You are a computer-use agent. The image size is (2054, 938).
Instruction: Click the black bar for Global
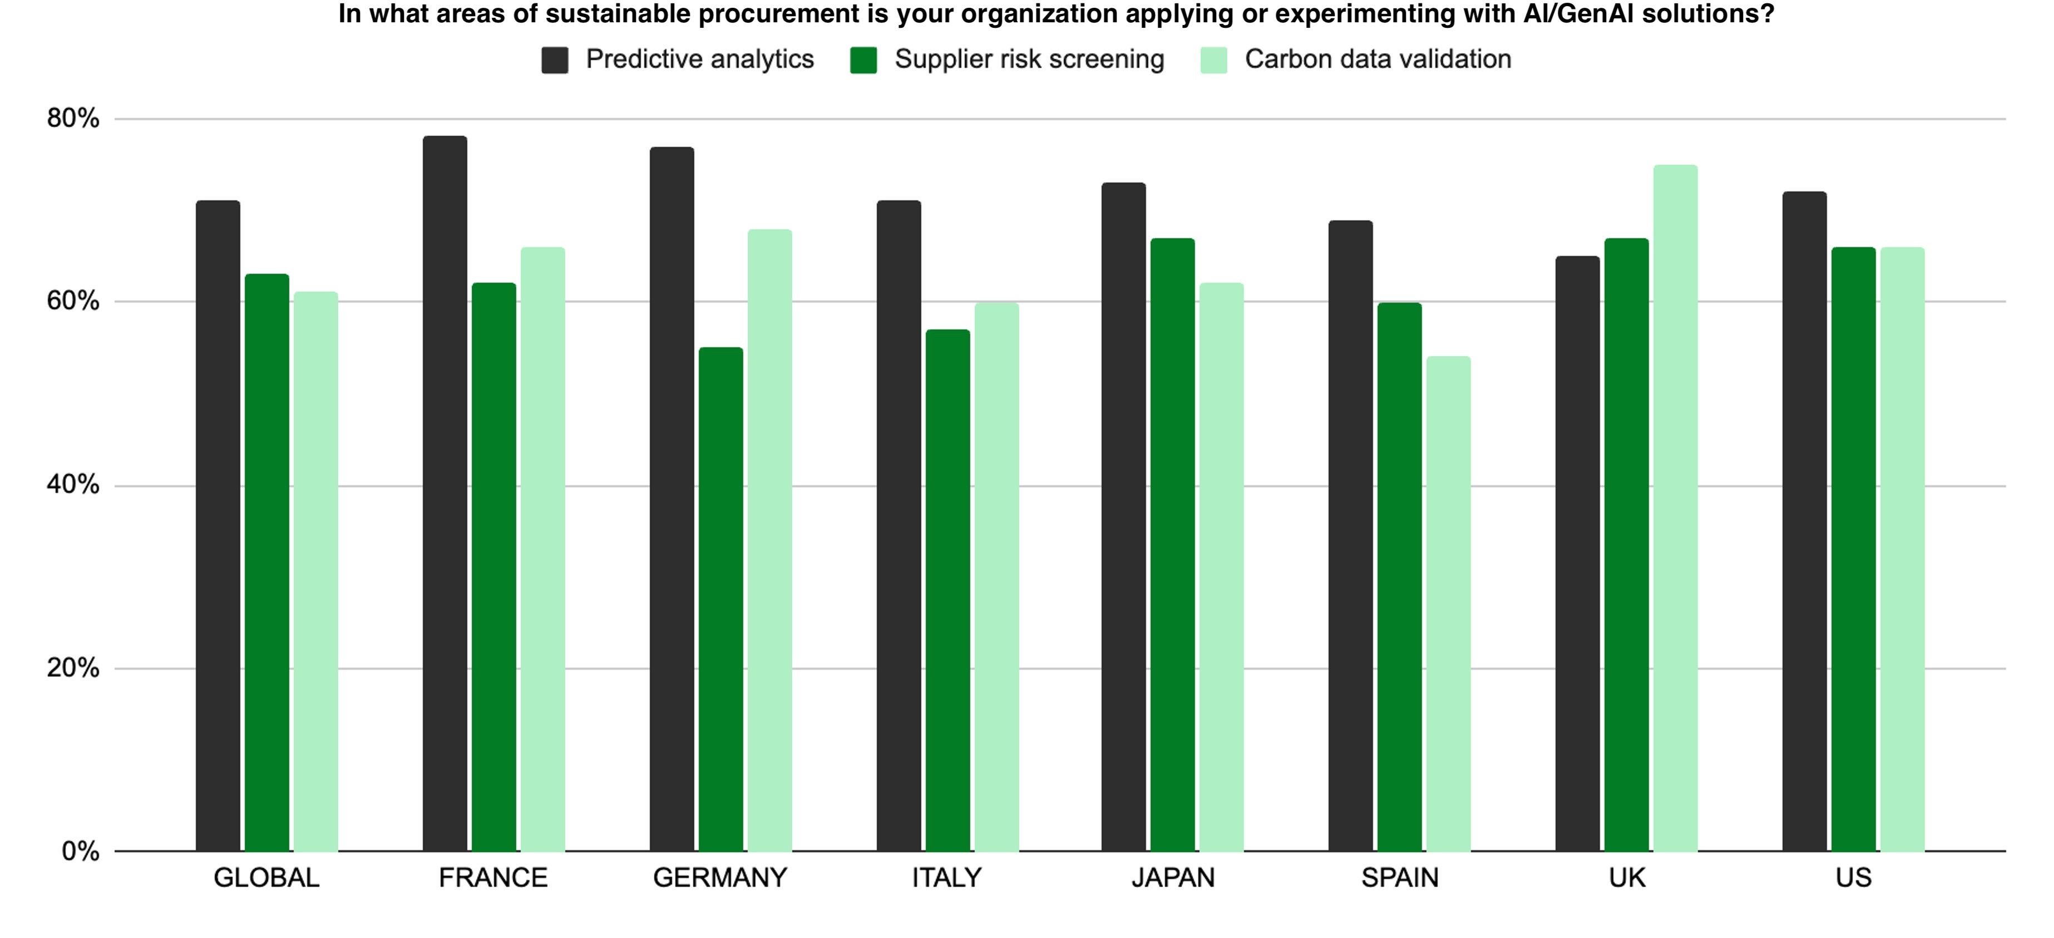click(218, 526)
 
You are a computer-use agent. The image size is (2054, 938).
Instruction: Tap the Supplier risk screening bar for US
click(1853, 550)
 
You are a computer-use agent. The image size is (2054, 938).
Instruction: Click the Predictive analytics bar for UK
click(1577, 554)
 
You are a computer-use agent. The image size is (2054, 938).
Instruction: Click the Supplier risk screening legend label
click(1029, 59)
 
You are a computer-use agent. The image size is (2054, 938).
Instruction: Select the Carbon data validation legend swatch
click(1213, 60)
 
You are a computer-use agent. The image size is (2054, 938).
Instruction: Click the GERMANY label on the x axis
click(720, 878)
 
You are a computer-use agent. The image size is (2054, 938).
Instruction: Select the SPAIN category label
click(1399, 878)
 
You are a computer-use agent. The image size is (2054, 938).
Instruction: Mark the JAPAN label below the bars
click(1173, 878)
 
